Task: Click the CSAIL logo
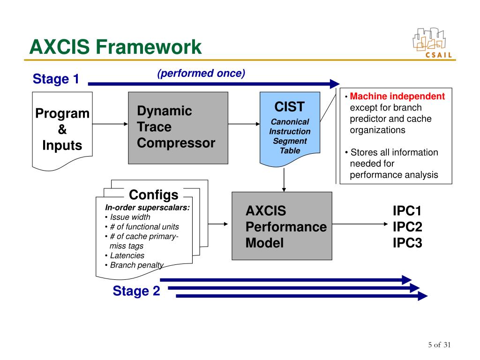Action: click(432, 43)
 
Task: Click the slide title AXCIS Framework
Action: click(115, 47)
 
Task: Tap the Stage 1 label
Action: click(56, 79)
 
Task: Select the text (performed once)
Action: click(201, 74)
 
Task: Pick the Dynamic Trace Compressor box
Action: click(178, 128)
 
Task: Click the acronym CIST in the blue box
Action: click(289, 107)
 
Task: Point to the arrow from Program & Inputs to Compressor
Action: click(110, 124)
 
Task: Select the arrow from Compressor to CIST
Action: click(244, 124)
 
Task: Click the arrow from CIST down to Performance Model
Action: click(284, 180)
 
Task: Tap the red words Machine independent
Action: click(397, 96)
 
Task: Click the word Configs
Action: click(153, 195)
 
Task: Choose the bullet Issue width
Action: click(130, 217)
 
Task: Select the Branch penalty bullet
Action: click(136, 265)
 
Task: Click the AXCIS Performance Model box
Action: click(282, 226)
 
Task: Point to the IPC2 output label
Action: click(407, 227)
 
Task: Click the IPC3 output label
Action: click(407, 243)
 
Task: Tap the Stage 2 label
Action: click(136, 291)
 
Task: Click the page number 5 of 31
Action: click(439, 345)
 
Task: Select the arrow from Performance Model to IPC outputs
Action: click(360, 224)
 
